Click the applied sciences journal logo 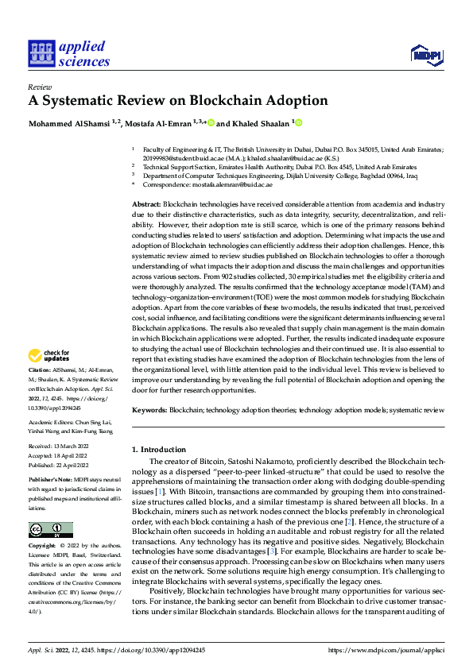coord(69,53)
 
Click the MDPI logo coord(427,53)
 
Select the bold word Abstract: coord(146,205)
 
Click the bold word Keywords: coord(149,410)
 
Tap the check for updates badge coord(50,354)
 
